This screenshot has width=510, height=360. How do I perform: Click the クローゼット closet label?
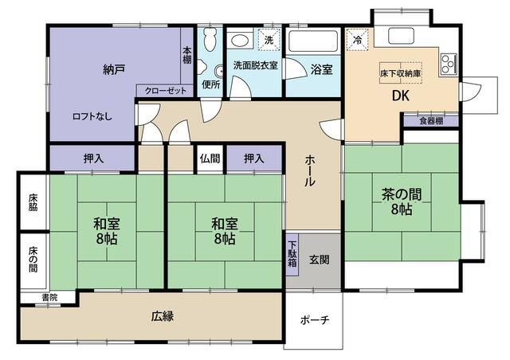[166, 91]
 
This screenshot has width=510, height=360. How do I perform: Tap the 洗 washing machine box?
[269, 39]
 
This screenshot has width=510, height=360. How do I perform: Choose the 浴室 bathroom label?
[322, 69]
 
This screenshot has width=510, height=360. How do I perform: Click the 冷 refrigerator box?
[358, 38]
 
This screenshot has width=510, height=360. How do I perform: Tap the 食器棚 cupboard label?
[431, 121]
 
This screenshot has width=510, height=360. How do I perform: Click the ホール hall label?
[310, 170]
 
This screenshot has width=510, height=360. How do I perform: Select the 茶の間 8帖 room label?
[402, 201]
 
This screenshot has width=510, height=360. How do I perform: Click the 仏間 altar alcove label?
[210, 158]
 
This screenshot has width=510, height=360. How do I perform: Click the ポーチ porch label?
[315, 320]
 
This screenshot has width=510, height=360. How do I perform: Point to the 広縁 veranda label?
[163, 315]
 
